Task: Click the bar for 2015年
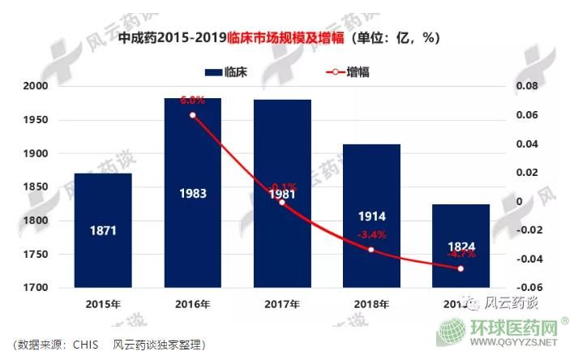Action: pyautogui.click(x=103, y=230)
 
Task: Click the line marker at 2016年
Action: pyautogui.click(x=192, y=115)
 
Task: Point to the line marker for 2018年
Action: pyautogui.click(x=371, y=249)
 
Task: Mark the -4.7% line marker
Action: pyautogui.click(x=460, y=268)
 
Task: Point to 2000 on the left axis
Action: pyautogui.click(x=37, y=86)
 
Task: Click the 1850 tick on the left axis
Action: pyautogui.click(x=37, y=187)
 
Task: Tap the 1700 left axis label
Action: pyautogui.click(x=37, y=288)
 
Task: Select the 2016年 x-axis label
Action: pyautogui.click(x=192, y=306)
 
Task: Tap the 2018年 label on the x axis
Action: pyautogui.click(x=371, y=306)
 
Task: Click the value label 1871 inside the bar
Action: pyautogui.click(x=103, y=231)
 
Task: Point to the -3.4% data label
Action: pyautogui.click(x=371, y=235)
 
